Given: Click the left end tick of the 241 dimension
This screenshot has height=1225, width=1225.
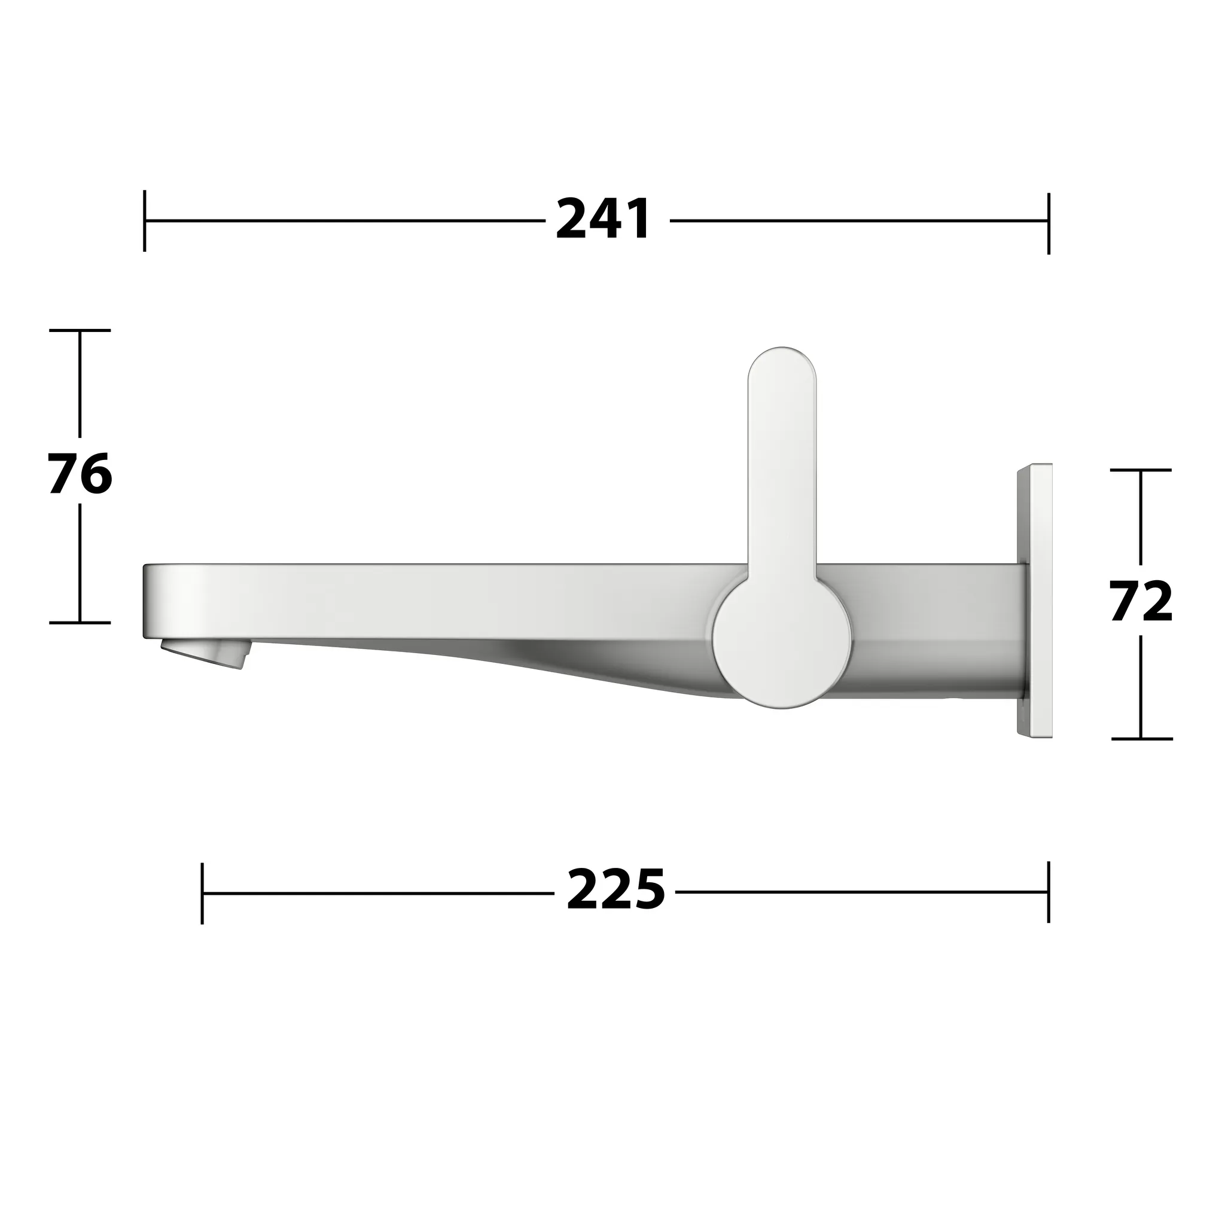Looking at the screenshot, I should pyautogui.click(x=145, y=221).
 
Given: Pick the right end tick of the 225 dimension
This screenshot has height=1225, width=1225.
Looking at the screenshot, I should pyautogui.click(x=1049, y=891).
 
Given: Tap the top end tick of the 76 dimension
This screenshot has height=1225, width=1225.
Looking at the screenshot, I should pyautogui.click(x=80, y=330).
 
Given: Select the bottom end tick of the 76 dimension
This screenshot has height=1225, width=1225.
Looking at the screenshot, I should pyautogui.click(x=80, y=623).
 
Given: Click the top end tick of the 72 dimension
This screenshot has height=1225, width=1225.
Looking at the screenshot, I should pyautogui.click(x=1141, y=470).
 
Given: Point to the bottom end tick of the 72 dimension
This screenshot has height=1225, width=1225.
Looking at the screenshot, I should pyautogui.click(x=1141, y=739).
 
